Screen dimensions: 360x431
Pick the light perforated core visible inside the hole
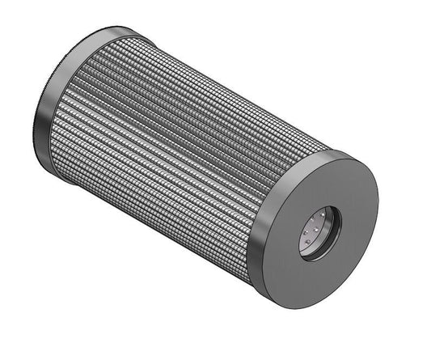pyautogui.click(x=313, y=235)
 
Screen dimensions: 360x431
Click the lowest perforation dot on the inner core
pyautogui.click(x=307, y=250)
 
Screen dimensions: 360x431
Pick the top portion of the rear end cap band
pyautogui.click(x=105, y=34)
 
